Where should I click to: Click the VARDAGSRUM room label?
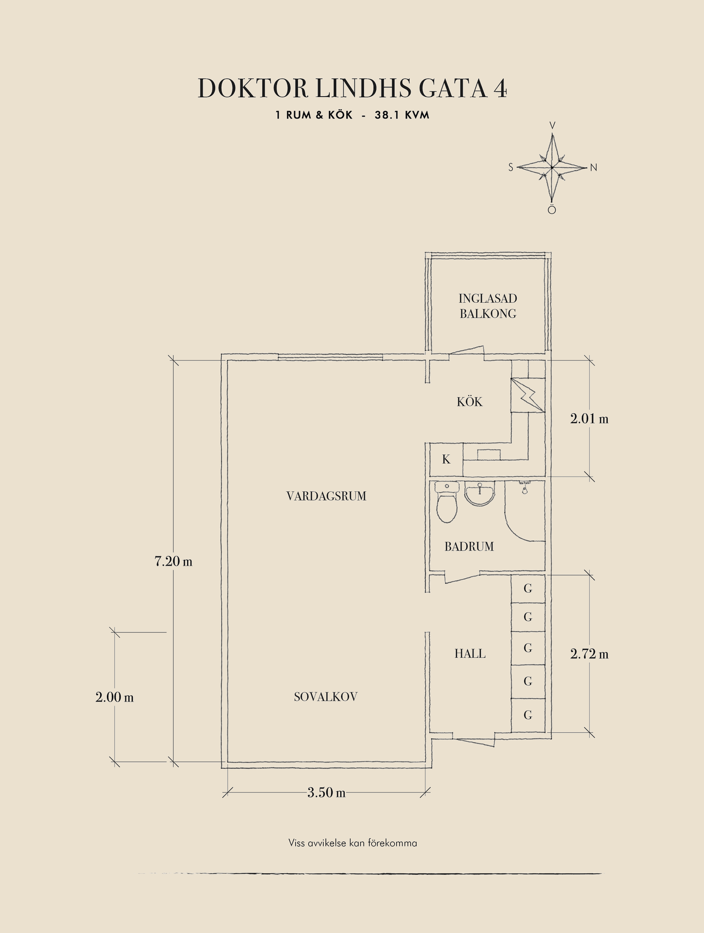[x=326, y=496]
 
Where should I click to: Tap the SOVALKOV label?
[x=326, y=697]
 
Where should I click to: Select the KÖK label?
[x=470, y=401]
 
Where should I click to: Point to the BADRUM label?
[x=469, y=547]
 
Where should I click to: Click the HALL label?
[x=470, y=654]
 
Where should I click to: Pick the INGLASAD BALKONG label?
[x=488, y=306]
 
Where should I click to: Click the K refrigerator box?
[x=446, y=460]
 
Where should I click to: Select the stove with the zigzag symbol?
[x=528, y=395]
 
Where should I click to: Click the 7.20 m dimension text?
[x=174, y=561]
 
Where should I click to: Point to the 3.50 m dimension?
[x=327, y=793]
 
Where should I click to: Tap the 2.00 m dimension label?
[x=115, y=697]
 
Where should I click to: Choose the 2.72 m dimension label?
[x=589, y=654]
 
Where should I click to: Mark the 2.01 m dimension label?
[x=589, y=418]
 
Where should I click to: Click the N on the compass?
[x=593, y=168]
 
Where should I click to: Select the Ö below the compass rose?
[x=552, y=210]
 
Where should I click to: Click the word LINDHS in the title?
[x=363, y=88]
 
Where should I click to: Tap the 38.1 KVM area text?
[x=402, y=115]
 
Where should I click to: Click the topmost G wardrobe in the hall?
[x=528, y=588]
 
